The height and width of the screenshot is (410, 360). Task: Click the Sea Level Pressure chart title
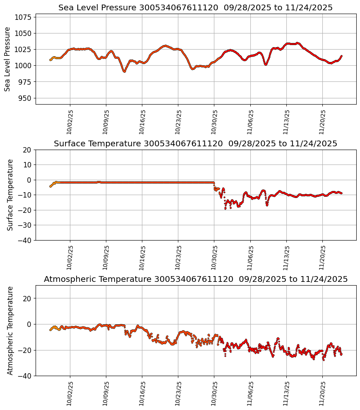pos(195,8)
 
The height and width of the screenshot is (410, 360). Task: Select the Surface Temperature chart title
pos(195,144)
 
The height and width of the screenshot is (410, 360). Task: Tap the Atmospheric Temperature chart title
pos(195,279)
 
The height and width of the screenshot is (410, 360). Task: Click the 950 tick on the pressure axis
pos(26,98)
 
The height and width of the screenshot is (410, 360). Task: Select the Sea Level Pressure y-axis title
pos(8,59)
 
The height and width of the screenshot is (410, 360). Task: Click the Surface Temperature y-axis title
pos(10,195)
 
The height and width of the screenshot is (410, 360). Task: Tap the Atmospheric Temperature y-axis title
pos(10,330)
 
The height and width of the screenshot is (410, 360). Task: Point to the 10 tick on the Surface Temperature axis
pos(27,165)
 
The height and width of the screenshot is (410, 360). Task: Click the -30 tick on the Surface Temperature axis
pos(25,225)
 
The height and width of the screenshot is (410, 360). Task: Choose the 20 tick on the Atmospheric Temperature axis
pos(27,298)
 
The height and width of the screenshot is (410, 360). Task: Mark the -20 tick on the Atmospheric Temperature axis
pos(25,350)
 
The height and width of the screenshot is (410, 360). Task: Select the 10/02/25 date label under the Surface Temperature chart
pos(70,257)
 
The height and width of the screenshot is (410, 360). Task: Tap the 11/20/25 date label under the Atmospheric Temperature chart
pos(322,393)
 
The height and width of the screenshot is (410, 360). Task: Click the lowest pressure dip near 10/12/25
pos(124,72)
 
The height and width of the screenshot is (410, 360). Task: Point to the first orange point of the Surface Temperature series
pos(50,186)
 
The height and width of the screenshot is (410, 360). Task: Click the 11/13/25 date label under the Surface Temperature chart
pos(286,257)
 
